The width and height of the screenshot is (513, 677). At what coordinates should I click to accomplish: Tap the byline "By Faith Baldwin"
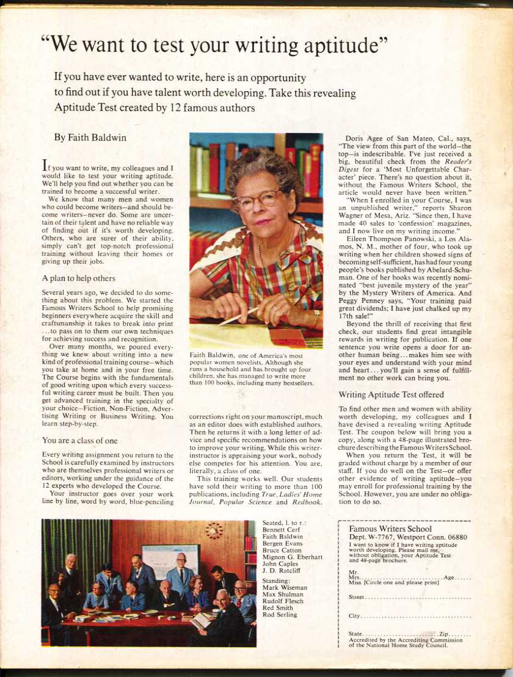coord(90,137)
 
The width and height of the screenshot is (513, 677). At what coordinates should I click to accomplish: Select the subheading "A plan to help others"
coord(79,278)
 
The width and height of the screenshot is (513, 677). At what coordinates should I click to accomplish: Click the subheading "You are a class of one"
coord(80,440)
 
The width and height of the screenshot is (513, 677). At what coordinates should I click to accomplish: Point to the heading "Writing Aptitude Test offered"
coord(391,394)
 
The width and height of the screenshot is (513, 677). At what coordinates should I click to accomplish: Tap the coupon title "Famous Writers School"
coord(390,529)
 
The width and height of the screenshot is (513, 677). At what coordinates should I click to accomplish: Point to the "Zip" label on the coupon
coord(444,634)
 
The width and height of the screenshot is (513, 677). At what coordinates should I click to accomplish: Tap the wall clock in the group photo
coord(214,530)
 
